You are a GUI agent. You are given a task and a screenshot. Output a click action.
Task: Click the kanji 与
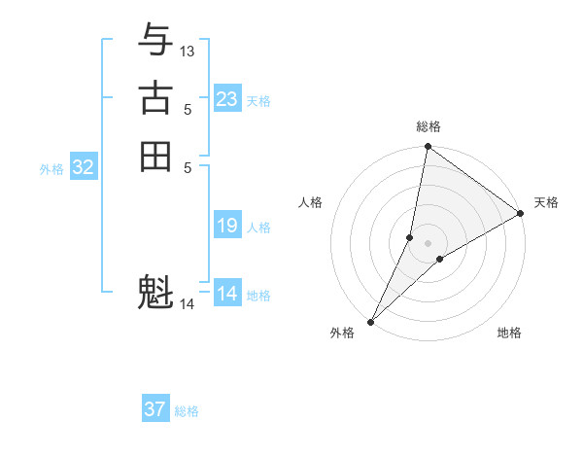pos(155,42)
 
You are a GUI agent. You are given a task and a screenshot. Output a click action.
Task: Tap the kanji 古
pos(155,99)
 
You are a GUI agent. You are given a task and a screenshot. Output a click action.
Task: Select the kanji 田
pos(155,157)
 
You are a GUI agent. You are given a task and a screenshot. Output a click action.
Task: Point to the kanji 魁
pos(155,293)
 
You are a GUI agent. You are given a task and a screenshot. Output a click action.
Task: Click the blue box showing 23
pos(227,99)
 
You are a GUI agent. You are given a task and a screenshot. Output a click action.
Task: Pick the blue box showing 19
pos(227,226)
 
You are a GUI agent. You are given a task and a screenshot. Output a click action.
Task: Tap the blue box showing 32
pos(84,167)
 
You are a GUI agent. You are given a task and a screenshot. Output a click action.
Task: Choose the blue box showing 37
pos(155,409)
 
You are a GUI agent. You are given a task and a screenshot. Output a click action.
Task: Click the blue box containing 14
pos(227,294)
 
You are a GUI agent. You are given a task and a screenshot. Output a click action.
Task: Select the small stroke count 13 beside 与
pos(188,51)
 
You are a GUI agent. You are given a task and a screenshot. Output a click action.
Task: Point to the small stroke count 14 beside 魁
pos(188,304)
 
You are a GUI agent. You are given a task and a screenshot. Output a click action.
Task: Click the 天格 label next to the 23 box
pos(258,101)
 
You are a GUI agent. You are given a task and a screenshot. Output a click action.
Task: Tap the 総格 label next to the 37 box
pos(187,411)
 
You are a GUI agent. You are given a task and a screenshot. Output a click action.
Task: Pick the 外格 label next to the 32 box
pos(51,169)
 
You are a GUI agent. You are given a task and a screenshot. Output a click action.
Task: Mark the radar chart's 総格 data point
pos(428,147)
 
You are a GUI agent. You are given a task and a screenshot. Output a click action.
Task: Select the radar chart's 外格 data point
pos(371,321)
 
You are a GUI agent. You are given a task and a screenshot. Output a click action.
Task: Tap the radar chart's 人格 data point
pos(410,237)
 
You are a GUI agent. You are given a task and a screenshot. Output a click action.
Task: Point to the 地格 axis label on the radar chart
pos(509,334)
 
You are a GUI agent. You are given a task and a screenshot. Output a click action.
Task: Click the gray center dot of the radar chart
pos(428,243)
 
